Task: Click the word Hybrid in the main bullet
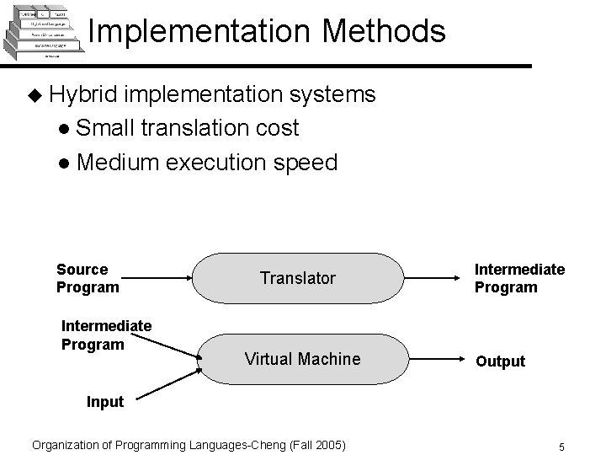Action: click(84, 94)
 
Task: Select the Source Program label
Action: click(87, 278)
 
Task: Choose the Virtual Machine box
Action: click(301, 359)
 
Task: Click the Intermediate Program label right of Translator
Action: click(519, 278)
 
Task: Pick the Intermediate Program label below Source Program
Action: click(106, 335)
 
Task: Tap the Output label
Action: click(500, 361)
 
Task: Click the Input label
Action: click(105, 402)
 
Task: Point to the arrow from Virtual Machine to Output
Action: click(437, 359)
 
